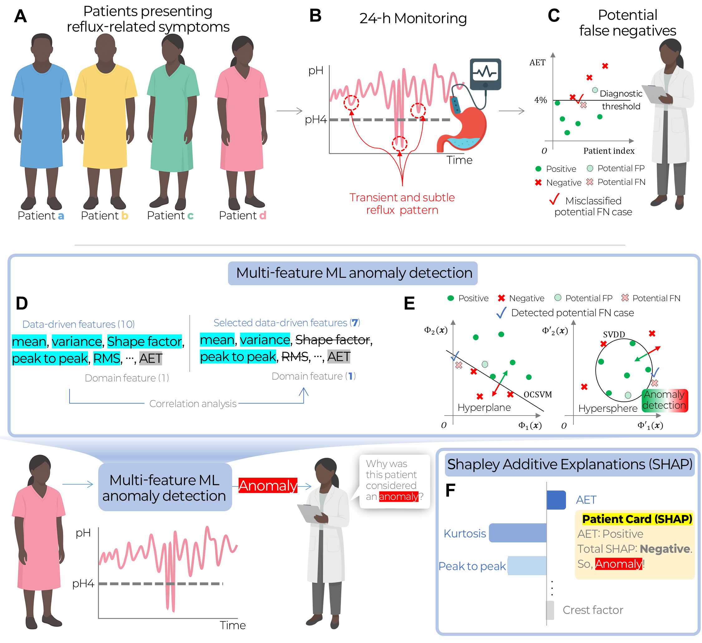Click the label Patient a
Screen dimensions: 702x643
pos(41,216)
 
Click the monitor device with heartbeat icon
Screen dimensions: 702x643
pos(485,74)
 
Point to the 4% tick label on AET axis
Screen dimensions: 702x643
pos(540,100)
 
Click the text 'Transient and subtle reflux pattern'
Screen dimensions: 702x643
pos(402,204)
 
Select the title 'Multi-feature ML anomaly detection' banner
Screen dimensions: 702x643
pos(353,273)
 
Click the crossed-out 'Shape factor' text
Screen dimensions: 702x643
pos(333,339)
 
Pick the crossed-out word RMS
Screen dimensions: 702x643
pos(295,356)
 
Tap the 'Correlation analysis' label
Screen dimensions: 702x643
pos(193,403)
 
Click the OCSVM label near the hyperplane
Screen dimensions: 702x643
pos(538,394)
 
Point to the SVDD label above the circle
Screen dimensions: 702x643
pos(614,334)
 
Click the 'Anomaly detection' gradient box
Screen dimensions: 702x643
pos(665,400)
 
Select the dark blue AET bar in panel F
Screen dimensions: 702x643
pos(556,500)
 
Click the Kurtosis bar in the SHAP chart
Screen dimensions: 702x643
pos(518,533)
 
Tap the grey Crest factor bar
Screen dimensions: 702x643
pos(550,610)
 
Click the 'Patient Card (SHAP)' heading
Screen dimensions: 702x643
pos(637,519)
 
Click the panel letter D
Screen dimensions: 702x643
pos(22,303)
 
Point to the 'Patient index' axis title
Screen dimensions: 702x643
pos(609,151)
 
